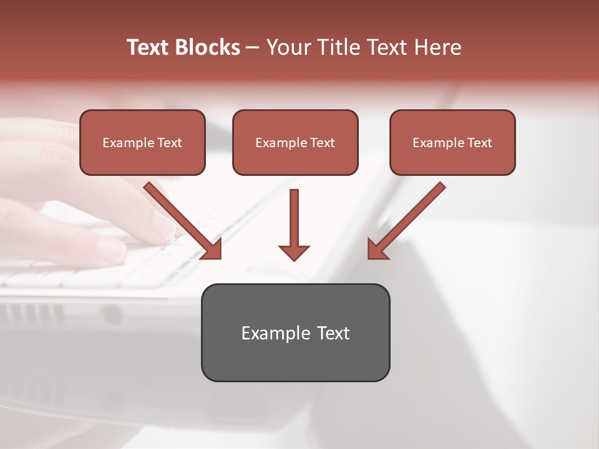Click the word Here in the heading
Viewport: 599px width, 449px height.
(x=441, y=47)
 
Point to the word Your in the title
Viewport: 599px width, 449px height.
(x=286, y=47)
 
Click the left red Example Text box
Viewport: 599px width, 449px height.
(x=142, y=142)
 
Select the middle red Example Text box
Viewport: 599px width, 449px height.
(x=295, y=142)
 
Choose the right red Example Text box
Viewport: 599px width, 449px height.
(x=452, y=142)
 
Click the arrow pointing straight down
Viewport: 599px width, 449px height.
(x=294, y=221)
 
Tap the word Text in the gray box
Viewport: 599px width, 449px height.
(x=333, y=333)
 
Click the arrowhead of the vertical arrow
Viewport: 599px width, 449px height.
(x=294, y=252)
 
